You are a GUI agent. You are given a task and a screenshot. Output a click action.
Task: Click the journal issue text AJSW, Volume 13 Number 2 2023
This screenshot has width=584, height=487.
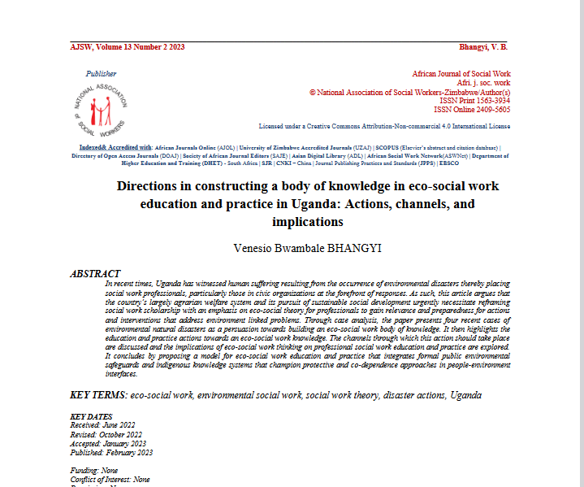click(128, 46)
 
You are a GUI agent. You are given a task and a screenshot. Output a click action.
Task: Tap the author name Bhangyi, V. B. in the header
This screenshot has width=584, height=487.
click(483, 46)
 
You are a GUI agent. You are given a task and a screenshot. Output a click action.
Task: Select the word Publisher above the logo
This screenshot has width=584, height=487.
click(101, 74)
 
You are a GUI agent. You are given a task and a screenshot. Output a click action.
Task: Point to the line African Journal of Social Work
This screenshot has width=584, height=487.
click(461, 74)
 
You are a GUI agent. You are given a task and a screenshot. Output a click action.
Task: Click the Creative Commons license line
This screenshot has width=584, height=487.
click(384, 127)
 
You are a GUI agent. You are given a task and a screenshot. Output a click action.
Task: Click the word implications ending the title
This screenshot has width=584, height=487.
click(309, 221)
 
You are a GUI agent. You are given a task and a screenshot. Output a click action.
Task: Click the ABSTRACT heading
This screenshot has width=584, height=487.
click(95, 273)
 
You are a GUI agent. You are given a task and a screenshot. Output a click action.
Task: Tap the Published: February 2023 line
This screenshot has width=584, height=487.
click(111, 453)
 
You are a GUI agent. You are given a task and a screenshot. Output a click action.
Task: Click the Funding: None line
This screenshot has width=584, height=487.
click(94, 471)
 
